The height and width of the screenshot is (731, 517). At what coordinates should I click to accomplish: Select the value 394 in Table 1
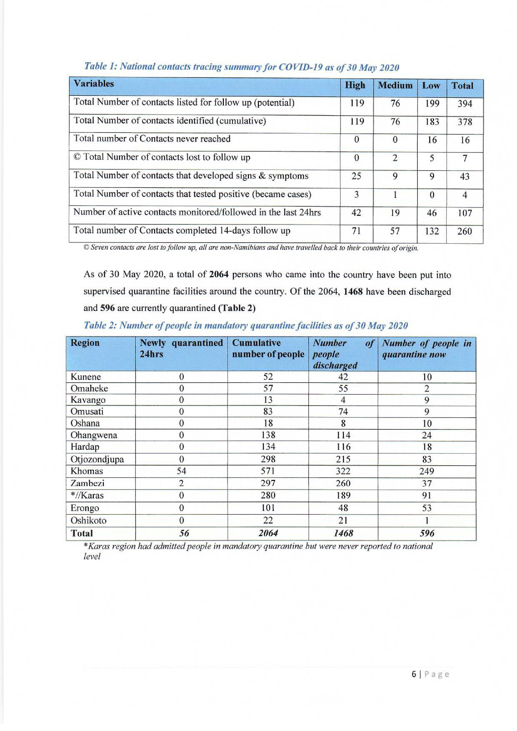[x=464, y=104]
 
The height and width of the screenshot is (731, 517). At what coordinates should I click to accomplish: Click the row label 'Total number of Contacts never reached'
[x=152, y=139]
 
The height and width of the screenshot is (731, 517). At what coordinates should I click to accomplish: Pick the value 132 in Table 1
[x=432, y=231]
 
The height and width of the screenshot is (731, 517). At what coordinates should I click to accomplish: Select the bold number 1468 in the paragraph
[x=353, y=292]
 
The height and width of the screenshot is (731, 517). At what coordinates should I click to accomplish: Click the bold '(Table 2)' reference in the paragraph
[x=237, y=308]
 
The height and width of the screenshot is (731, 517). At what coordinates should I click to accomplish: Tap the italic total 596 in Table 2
[x=427, y=533]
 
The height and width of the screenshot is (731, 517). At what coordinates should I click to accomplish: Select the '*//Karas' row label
[x=87, y=495]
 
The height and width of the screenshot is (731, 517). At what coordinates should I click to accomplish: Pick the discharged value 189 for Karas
[x=343, y=495]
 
